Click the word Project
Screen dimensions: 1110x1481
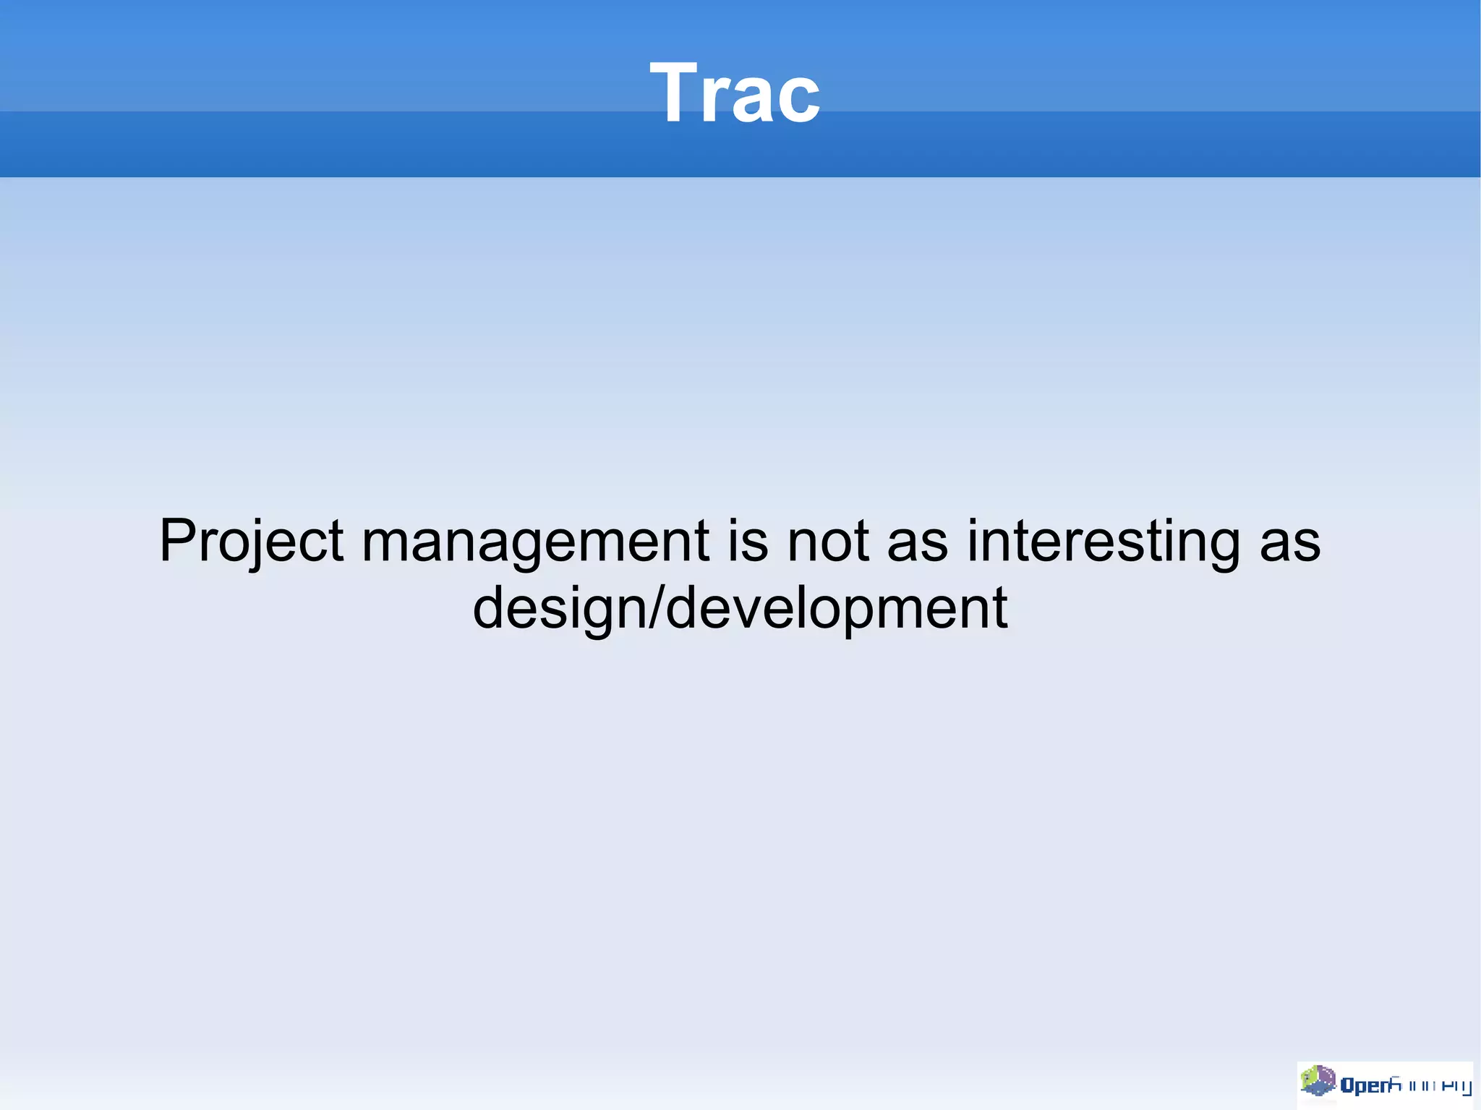coord(251,541)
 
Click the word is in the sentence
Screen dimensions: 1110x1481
coord(748,541)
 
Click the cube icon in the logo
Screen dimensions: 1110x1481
coord(1318,1080)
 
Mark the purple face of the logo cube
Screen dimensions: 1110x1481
coord(1326,1075)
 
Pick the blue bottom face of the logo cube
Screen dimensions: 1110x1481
coord(1319,1089)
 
